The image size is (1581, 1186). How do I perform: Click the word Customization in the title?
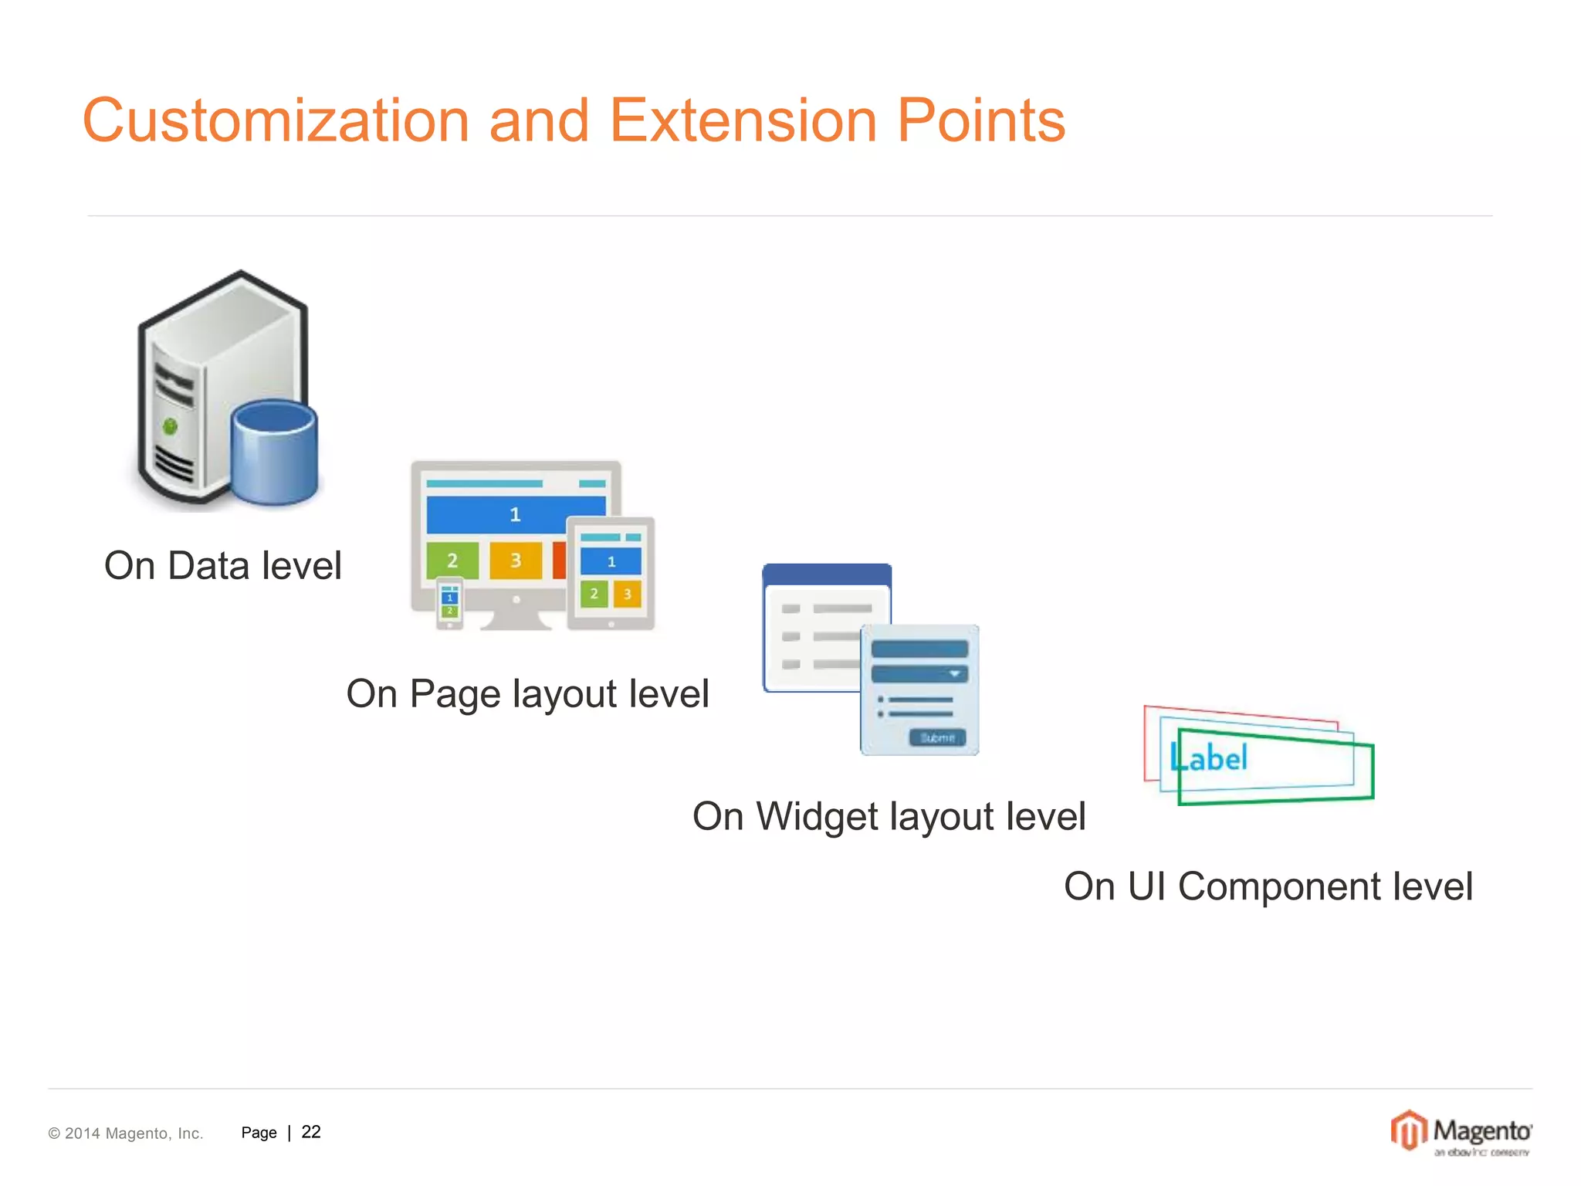tap(276, 121)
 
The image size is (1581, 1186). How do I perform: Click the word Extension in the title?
tap(743, 121)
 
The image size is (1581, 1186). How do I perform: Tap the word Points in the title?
tap(980, 121)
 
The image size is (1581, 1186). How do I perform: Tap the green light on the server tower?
tap(171, 426)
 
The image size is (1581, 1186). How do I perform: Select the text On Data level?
tap(222, 565)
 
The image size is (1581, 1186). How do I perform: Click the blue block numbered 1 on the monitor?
tap(514, 514)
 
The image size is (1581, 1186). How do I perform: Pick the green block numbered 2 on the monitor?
tap(452, 560)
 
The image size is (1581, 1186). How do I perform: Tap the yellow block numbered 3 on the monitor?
tap(516, 560)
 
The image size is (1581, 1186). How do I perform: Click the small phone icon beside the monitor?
tap(450, 603)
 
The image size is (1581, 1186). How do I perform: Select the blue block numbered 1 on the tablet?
tap(611, 561)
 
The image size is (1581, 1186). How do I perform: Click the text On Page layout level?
tap(527, 693)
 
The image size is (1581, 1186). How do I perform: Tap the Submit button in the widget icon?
tap(937, 737)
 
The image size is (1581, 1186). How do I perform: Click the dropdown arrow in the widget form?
tap(955, 674)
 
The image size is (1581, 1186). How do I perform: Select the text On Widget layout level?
tap(889, 816)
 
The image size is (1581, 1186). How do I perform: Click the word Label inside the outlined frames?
tap(1209, 758)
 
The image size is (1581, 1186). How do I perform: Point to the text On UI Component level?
tap(1268, 886)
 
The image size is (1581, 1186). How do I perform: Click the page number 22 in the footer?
tap(311, 1132)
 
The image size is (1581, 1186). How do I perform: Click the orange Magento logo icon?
tap(1408, 1130)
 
